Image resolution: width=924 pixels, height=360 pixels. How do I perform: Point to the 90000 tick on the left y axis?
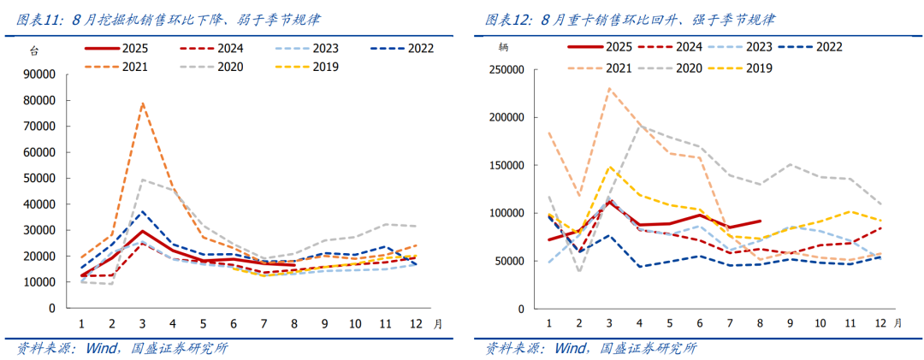(39, 74)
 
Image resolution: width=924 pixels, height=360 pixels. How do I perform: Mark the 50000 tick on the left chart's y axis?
(39, 178)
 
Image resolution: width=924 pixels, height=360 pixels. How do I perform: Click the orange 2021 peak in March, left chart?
(142, 103)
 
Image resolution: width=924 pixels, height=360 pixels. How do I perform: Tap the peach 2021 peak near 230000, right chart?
(609, 88)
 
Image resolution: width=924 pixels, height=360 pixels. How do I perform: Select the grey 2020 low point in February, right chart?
(579, 272)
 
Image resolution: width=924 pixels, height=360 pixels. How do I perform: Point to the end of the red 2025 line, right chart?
(761, 221)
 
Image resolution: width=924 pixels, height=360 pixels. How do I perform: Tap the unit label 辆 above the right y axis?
(504, 48)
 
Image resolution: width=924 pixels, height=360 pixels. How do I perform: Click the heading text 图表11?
(40, 19)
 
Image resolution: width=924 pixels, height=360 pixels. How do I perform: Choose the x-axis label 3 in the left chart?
(142, 324)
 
